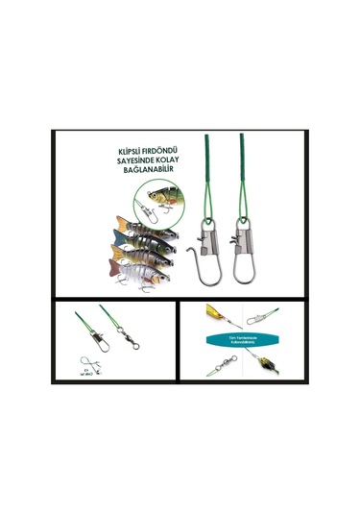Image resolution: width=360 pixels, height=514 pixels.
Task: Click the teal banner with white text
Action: tap(238, 343)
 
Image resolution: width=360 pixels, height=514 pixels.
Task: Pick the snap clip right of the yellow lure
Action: tap(256, 318)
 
